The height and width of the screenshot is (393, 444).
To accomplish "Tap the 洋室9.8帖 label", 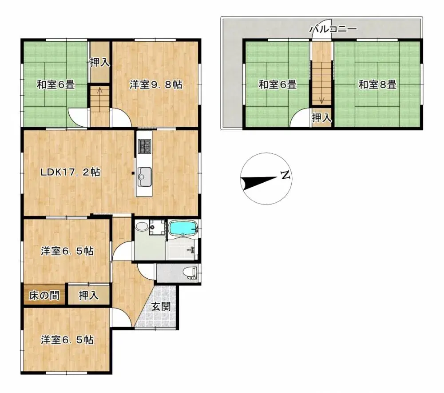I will (156, 84).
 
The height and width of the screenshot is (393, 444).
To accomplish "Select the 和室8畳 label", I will (377, 84).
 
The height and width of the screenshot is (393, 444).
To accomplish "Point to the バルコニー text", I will (333, 30).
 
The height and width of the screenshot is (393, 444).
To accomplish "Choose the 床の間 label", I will (44, 295).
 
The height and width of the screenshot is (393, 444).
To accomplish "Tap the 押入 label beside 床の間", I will (89, 295).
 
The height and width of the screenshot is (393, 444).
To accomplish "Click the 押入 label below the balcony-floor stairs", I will (321, 118).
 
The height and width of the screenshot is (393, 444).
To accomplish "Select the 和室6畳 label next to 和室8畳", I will (277, 84).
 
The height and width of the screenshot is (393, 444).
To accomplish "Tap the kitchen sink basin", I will (144, 177).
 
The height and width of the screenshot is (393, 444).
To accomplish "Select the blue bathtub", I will (183, 229).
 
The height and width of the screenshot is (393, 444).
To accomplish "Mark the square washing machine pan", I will (156, 228).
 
